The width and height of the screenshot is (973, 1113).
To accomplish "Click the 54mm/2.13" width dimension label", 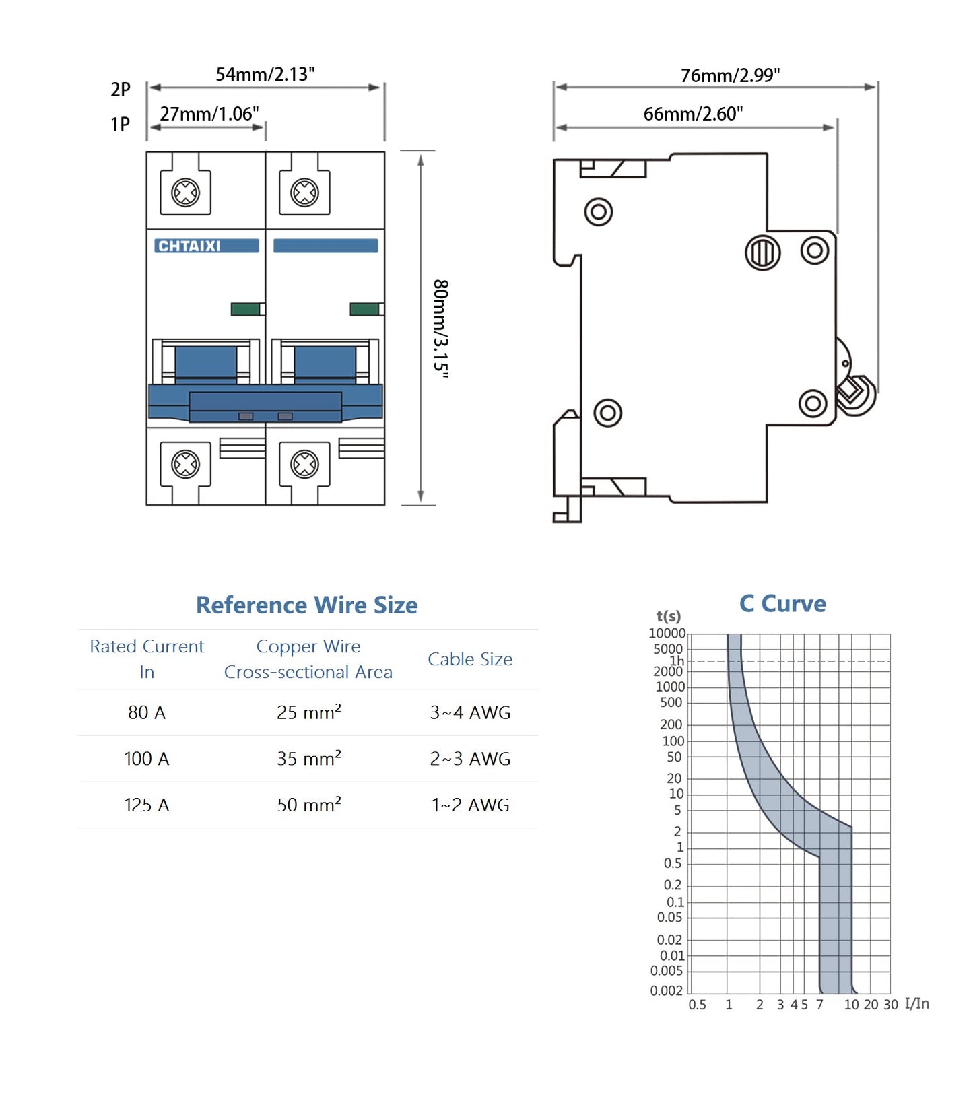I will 265,74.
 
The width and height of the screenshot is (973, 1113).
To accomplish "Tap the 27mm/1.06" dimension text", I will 209,114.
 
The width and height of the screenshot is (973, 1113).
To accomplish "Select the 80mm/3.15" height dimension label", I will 440,328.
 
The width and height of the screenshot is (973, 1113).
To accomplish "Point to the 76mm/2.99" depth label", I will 729,75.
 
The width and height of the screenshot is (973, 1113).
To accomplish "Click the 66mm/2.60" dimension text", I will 692,114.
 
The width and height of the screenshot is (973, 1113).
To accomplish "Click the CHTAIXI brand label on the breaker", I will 189,246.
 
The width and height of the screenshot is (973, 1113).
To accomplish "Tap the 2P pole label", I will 121,90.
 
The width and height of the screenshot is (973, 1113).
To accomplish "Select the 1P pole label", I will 121,125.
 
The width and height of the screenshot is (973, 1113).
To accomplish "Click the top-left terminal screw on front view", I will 185,193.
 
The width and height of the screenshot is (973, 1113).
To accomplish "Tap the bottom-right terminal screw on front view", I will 304,464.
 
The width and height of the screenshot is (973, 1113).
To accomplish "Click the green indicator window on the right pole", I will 364,309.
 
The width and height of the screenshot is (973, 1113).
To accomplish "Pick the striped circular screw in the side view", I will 762,253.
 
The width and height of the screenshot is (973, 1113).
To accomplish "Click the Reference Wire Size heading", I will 306,605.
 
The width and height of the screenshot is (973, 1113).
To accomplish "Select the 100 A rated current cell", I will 146,759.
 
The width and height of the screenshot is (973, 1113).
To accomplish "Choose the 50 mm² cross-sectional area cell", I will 308,805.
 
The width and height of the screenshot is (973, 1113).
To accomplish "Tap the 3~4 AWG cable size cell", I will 470,712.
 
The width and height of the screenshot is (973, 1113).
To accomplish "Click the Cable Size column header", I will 470,659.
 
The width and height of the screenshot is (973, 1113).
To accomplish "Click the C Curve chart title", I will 782,603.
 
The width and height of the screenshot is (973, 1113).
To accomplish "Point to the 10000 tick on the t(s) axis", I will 667,634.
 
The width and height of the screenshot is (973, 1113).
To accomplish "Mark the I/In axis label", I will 916,1004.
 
